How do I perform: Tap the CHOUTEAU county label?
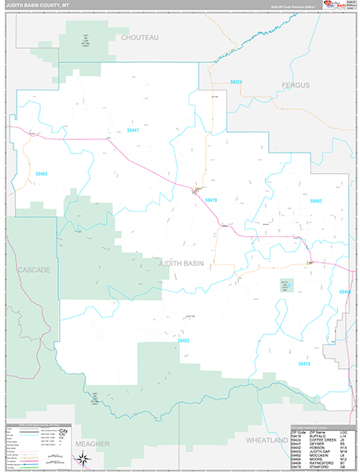pyautogui.click(x=139, y=37)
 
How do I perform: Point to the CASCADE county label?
pyautogui.click(x=34, y=270)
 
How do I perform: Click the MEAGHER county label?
pyautogui.click(x=92, y=444)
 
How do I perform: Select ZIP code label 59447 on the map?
pyautogui.click(x=131, y=130)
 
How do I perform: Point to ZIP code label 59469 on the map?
pyautogui.click(x=41, y=174)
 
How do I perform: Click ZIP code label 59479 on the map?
pyautogui.click(x=210, y=201)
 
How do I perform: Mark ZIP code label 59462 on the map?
pyautogui.click(x=315, y=201)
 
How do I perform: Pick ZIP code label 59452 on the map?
pyautogui.click(x=183, y=341)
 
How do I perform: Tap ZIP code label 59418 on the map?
pyautogui.click(x=304, y=364)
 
